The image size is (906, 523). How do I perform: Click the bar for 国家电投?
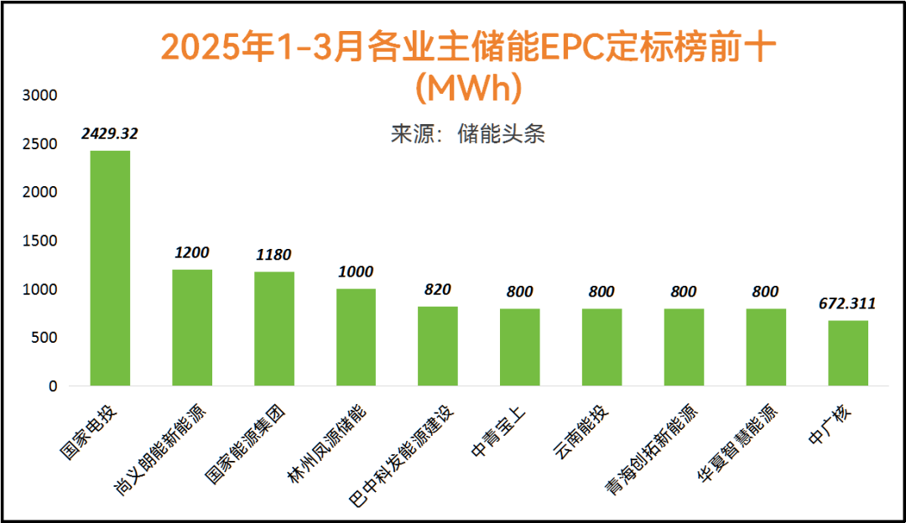(x=110, y=268)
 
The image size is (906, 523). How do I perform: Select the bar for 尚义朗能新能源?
(x=192, y=328)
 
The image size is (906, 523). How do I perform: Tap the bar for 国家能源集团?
(x=274, y=329)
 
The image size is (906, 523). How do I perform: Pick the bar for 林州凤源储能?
(x=356, y=337)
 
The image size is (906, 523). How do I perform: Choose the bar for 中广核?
(x=848, y=353)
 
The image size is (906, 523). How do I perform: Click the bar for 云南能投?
(x=601, y=347)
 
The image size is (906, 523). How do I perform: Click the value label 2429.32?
(x=110, y=132)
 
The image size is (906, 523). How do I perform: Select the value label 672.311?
(x=848, y=303)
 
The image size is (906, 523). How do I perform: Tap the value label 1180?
(x=274, y=254)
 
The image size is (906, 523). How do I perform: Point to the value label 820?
(x=438, y=289)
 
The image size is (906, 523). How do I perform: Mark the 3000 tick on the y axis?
(x=40, y=96)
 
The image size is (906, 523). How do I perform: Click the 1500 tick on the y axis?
(x=40, y=241)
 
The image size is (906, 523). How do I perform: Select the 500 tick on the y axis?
(x=44, y=338)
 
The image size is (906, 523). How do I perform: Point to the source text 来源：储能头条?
(x=467, y=134)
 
